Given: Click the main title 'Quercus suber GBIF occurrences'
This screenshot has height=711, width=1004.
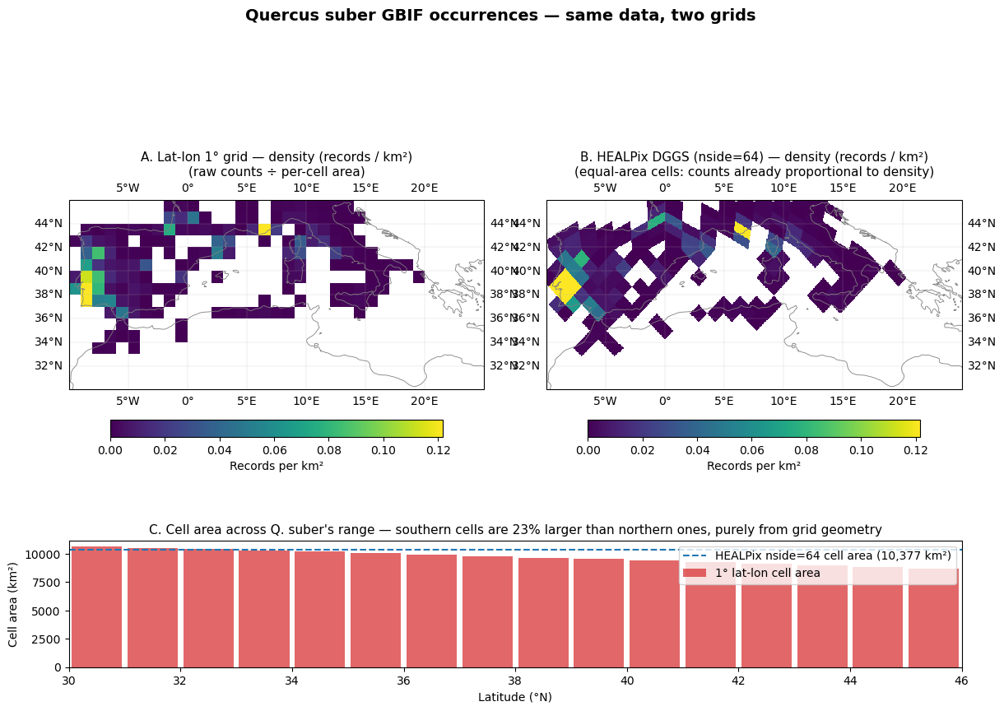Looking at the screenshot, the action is click(x=391, y=16).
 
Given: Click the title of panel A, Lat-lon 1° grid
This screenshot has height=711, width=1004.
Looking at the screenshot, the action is click(x=277, y=157).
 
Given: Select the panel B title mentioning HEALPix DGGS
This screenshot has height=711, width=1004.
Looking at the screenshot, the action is click(x=754, y=157).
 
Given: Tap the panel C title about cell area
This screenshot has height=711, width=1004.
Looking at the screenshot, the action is click(x=515, y=530).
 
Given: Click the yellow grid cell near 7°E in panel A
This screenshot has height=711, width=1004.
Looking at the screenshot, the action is click(x=264, y=229).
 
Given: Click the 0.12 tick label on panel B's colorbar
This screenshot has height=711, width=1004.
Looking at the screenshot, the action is click(x=915, y=450).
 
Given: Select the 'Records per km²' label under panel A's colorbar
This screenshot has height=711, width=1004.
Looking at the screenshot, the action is click(x=277, y=467).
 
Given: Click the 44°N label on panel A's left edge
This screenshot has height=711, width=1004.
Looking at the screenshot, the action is click(x=49, y=223).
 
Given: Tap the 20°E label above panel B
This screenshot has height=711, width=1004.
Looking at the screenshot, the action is click(x=902, y=188).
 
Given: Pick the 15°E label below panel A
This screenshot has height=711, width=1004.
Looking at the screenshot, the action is click(x=365, y=401).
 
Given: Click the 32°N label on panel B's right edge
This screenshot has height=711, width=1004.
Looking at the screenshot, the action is click(x=982, y=365).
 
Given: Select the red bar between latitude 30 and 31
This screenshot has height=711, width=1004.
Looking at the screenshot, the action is click(x=96, y=607).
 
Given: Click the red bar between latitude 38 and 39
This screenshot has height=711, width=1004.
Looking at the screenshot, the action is click(x=543, y=613).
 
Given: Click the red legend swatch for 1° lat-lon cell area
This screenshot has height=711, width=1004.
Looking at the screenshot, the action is click(x=695, y=573).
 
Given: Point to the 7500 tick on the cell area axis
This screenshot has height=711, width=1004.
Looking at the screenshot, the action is click(x=46, y=583).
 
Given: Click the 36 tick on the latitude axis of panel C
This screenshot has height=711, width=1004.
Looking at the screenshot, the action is click(x=403, y=681).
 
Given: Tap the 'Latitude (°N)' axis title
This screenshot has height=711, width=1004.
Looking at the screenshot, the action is click(x=515, y=697).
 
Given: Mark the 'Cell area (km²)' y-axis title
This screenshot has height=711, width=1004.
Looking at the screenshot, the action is click(x=12, y=605).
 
